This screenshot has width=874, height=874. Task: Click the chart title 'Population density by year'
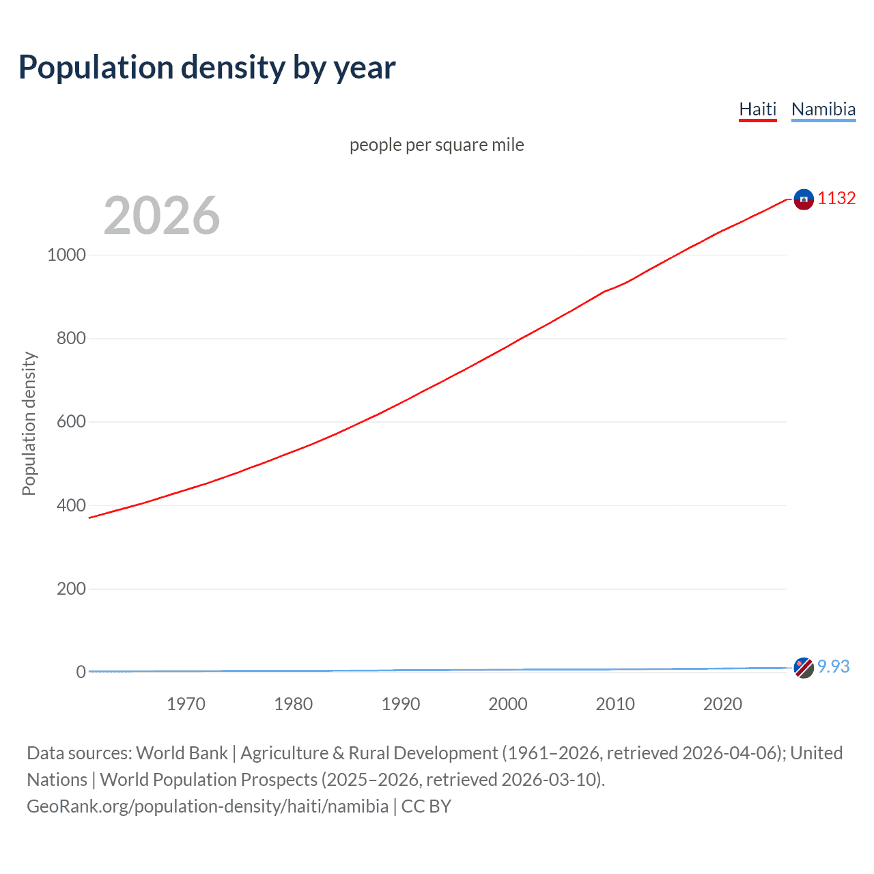point(207,68)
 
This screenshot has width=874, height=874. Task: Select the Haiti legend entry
point(757,109)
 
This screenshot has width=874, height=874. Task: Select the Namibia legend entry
point(823,109)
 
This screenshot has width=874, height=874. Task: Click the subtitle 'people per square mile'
point(436,145)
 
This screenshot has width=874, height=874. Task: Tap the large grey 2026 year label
point(162,216)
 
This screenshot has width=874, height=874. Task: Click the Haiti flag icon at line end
point(804,199)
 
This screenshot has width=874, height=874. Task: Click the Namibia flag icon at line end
point(804,667)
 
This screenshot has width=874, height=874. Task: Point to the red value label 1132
point(836,198)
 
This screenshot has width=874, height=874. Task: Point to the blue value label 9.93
point(833,666)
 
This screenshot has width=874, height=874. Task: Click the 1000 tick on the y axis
point(66,255)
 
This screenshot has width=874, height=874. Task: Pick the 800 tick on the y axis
point(71,338)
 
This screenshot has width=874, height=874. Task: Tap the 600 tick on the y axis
point(71,422)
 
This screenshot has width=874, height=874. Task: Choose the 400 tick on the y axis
point(71,505)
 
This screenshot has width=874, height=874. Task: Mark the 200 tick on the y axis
point(71,589)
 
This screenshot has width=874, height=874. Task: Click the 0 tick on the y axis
point(81,672)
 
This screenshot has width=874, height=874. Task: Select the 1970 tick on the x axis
point(186,704)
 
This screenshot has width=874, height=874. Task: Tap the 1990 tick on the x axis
point(401,704)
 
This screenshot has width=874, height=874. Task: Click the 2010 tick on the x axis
point(615,704)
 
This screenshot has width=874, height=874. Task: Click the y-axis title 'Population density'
point(29,423)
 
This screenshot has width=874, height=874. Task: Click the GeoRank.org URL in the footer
point(208,806)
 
